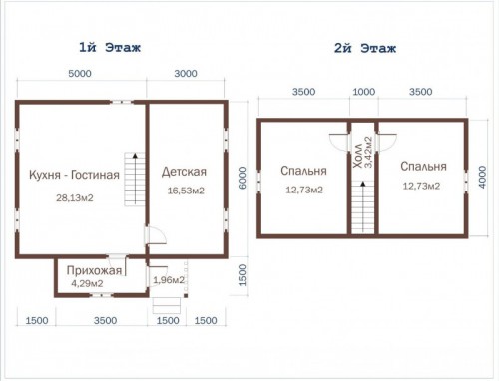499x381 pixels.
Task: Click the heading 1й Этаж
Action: point(110,48)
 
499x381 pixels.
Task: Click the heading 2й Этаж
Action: point(365,49)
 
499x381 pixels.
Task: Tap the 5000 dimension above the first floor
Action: point(80,73)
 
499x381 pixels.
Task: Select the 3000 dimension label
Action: point(186,73)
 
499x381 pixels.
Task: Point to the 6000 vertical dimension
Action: point(243,178)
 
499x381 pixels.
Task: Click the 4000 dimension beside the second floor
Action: point(483,178)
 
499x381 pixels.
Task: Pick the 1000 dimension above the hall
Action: point(364,92)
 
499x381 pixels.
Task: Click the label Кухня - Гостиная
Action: point(74,175)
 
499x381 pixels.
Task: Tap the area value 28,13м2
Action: point(75,198)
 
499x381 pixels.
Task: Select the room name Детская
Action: point(184,172)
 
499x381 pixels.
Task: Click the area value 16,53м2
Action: point(186,190)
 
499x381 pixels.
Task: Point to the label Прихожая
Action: point(94,270)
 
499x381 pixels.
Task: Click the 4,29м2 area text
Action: point(87,283)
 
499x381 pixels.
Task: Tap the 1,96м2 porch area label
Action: point(169,280)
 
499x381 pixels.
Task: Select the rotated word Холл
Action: point(358,156)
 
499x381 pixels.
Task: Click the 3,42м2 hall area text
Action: point(368,152)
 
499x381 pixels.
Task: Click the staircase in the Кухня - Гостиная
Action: point(135,179)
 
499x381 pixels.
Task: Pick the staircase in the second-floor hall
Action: point(363,207)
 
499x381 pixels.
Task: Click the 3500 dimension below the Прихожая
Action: point(105,320)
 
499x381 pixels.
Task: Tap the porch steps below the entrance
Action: point(167,305)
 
